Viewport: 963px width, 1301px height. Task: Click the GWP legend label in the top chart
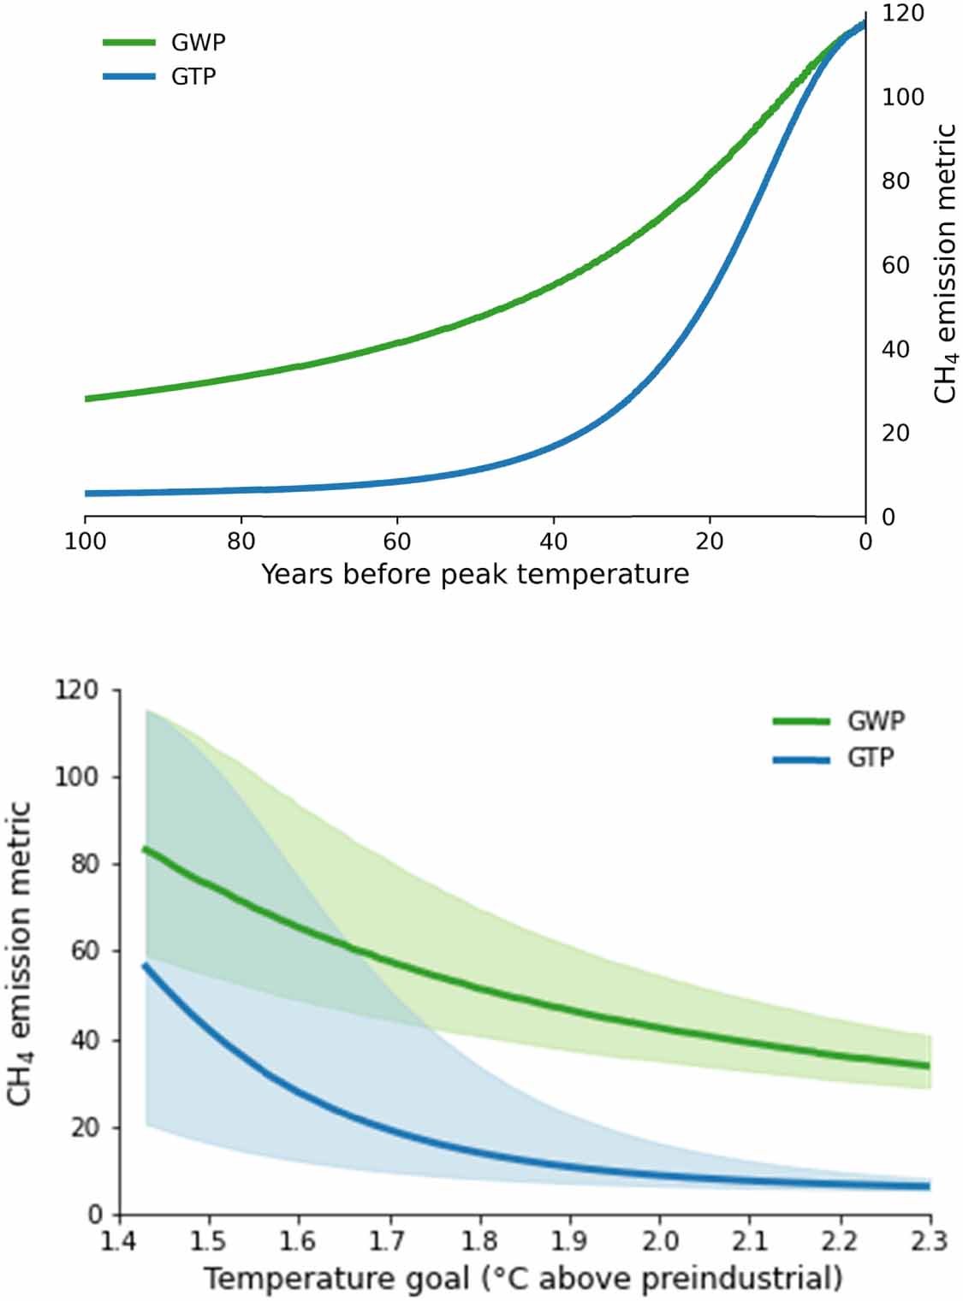(x=199, y=42)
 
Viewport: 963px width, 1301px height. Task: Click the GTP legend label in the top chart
(x=194, y=76)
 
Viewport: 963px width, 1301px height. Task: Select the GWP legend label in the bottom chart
(x=876, y=721)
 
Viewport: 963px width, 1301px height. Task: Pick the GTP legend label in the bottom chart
(x=871, y=758)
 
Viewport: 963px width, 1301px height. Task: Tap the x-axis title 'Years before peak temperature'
(x=475, y=573)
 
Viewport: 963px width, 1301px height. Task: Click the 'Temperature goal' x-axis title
(x=523, y=1279)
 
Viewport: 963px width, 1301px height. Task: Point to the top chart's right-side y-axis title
(x=944, y=263)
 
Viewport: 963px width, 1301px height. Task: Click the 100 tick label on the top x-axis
(x=86, y=541)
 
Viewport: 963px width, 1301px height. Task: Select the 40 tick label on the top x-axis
(x=553, y=541)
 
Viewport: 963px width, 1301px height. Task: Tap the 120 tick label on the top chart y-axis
(x=903, y=14)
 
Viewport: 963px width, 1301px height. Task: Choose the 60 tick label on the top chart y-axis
(x=896, y=265)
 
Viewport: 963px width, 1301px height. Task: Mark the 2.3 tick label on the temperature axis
(x=929, y=1239)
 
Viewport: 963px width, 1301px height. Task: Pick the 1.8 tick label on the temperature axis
(x=479, y=1239)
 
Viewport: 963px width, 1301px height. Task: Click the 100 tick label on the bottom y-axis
(x=78, y=777)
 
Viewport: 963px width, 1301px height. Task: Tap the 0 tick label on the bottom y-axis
(x=95, y=1215)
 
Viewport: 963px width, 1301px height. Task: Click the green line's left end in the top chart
(x=86, y=399)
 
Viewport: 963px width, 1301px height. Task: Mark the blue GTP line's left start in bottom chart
(x=145, y=966)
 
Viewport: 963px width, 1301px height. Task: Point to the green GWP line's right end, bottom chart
(x=928, y=1066)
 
